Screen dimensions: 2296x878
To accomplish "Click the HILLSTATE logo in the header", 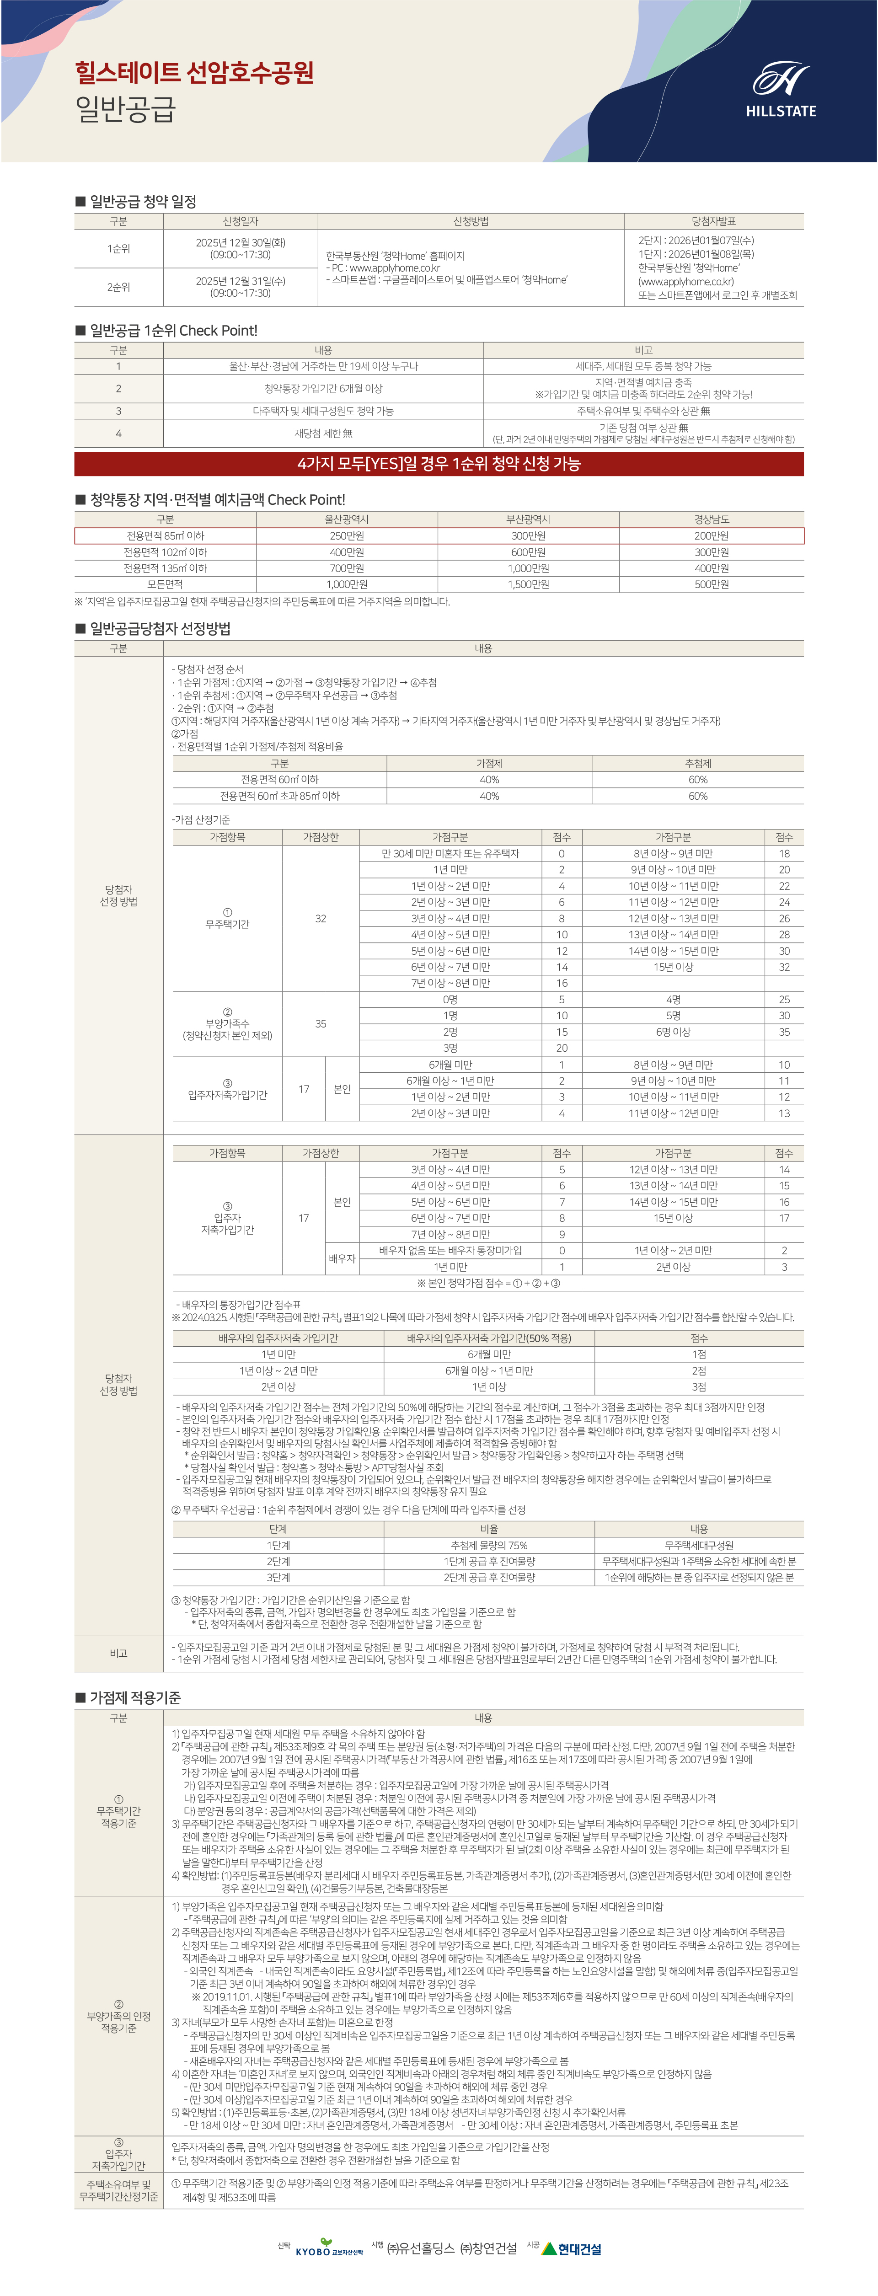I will pyautogui.click(x=781, y=91).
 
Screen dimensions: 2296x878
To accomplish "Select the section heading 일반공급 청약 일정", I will pyautogui.click(x=143, y=202).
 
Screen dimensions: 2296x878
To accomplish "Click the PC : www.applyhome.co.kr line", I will pyautogui.click(x=383, y=268).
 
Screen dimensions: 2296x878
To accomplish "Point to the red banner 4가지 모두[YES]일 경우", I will pyautogui.click(x=439, y=464).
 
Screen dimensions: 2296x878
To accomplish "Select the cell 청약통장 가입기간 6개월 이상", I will pyautogui.click(x=324, y=389).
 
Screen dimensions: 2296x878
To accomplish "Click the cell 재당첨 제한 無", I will pyautogui.click(x=324, y=433).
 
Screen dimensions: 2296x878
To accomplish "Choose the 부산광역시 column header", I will pyautogui.click(x=529, y=519).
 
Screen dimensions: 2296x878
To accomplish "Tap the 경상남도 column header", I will pyautogui.click(x=711, y=519).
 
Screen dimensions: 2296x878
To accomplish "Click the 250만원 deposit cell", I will pyautogui.click(x=347, y=535).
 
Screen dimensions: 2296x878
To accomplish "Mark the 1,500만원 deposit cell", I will pyautogui.click(x=529, y=584).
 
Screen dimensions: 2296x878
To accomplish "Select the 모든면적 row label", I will pyautogui.click(x=165, y=584).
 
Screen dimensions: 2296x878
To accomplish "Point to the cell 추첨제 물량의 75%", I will pyautogui.click(x=489, y=1545).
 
